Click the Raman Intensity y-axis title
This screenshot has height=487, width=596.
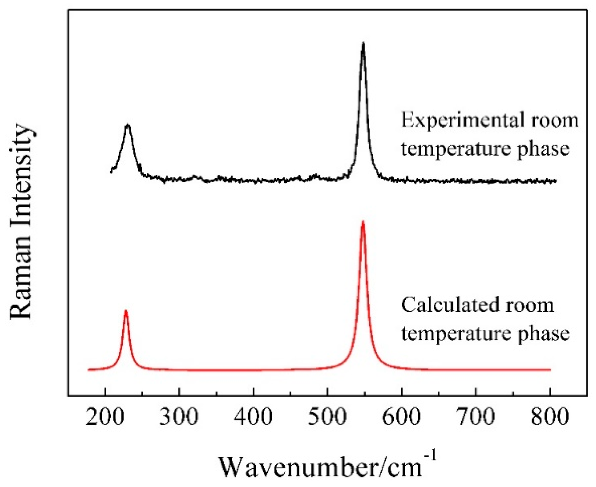tap(21, 221)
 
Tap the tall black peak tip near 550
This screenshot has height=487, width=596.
tap(363, 43)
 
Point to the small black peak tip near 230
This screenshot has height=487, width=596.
tap(128, 125)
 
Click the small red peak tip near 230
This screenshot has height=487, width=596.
tap(126, 310)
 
